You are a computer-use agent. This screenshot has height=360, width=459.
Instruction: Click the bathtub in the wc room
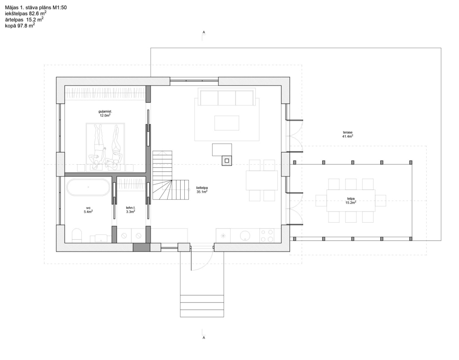pyautogui.click(x=89, y=188)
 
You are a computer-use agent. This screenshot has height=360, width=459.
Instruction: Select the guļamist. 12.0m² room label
pyautogui.click(x=105, y=113)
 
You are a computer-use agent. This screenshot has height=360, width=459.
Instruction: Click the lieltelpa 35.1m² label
pyautogui.click(x=202, y=190)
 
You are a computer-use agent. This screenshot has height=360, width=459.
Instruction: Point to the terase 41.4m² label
pyautogui.click(x=348, y=135)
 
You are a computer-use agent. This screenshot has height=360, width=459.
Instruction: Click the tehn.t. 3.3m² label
pyautogui.click(x=130, y=209)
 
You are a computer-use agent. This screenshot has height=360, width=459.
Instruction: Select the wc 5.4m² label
pyautogui.click(x=88, y=209)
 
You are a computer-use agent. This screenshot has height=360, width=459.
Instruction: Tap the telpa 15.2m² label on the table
pyautogui.click(x=351, y=201)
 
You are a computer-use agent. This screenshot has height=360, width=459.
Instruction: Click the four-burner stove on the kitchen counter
pyautogui.click(x=267, y=235)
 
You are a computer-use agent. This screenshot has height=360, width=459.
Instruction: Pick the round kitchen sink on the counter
pyautogui.click(x=245, y=235)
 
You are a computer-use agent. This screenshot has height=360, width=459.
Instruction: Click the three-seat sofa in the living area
pyautogui.click(x=227, y=97)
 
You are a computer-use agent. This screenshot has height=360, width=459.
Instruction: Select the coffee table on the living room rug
pyautogui.click(x=227, y=123)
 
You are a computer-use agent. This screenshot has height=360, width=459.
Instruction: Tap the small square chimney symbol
pyautogui.click(x=227, y=161)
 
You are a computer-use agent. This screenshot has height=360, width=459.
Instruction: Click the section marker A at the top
pyautogui.click(x=204, y=32)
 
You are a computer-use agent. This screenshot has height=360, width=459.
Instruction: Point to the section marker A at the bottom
pyautogui.click(x=204, y=337)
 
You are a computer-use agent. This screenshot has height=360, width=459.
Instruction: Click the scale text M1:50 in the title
pyautogui.click(x=59, y=8)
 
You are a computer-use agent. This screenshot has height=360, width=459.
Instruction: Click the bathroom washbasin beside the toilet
pyautogui.click(x=101, y=238)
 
